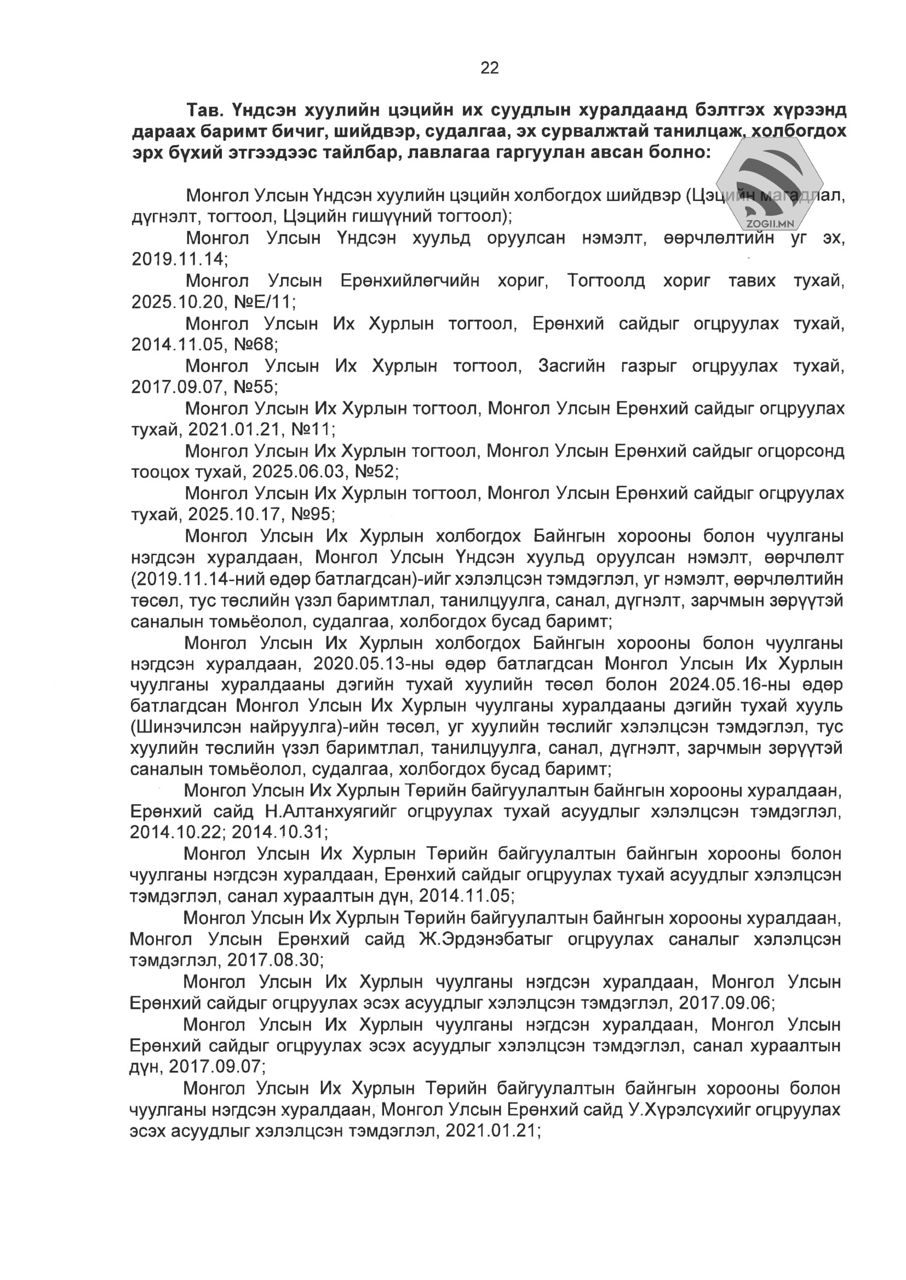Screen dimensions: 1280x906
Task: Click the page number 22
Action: [489, 68]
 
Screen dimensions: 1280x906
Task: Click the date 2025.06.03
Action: [299, 472]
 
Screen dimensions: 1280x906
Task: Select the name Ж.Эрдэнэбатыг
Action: [486, 939]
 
